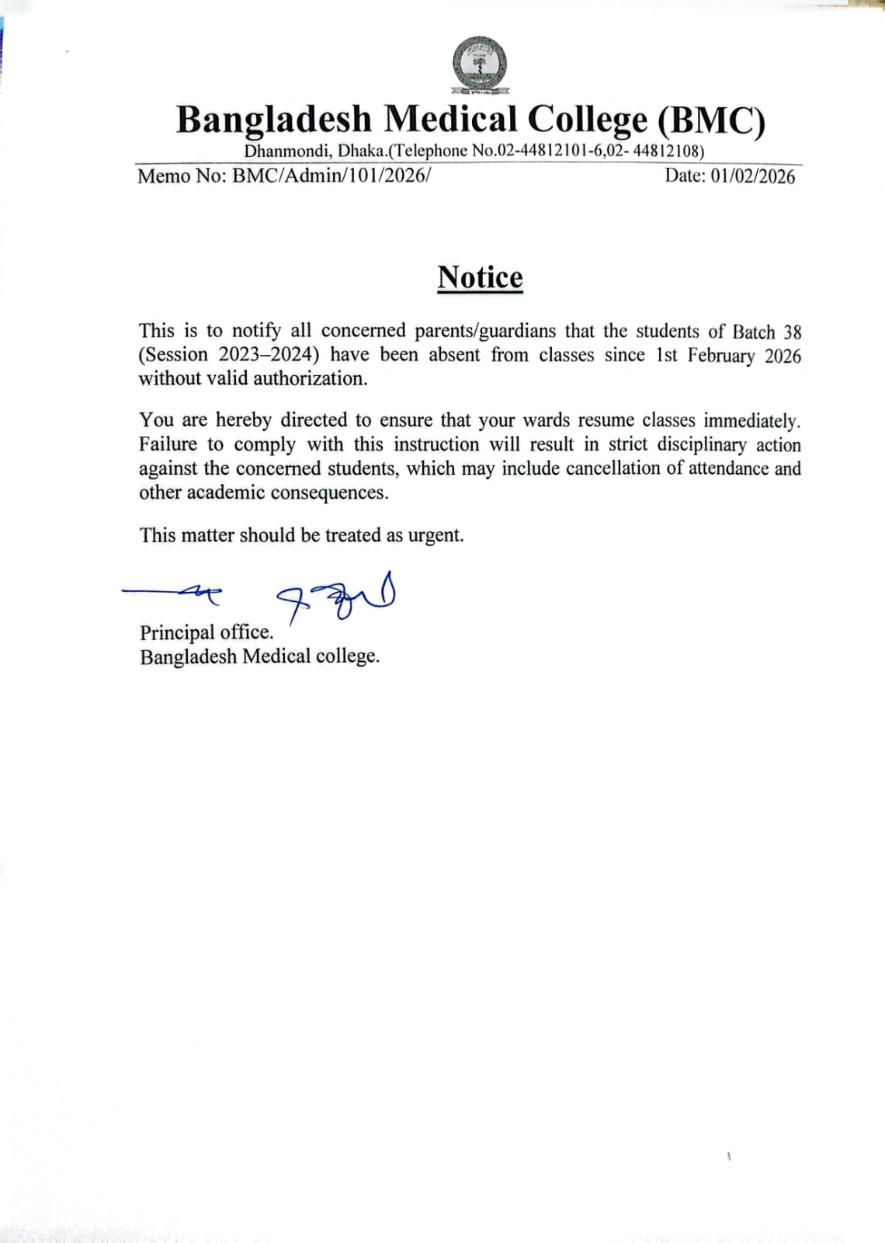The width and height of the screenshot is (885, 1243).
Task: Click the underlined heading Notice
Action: click(x=480, y=277)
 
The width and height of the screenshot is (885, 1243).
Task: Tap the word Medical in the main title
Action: click(x=450, y=120)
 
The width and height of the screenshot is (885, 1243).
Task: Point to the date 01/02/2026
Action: click(x=752, y=176)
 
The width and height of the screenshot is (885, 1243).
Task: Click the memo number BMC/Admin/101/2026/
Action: click(x=331, y=176)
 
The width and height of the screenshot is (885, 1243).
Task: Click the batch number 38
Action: click(x=792, y=332)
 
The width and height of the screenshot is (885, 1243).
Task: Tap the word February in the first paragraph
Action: click(x=720, y=356)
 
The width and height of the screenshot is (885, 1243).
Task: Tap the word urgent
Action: click(x=436, y=535)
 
